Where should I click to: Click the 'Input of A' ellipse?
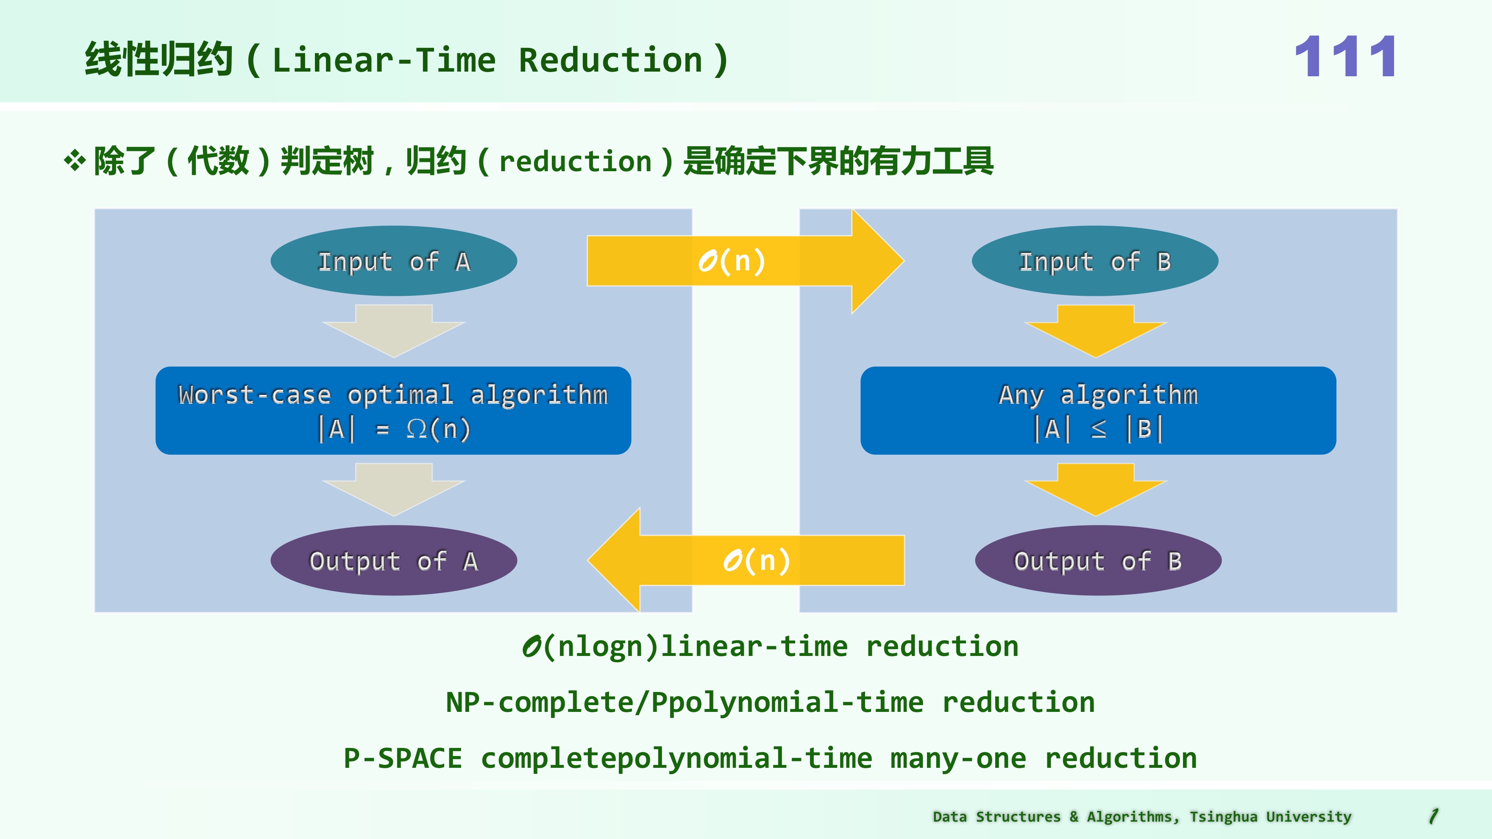(393, 261)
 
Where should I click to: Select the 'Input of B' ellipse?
(1095, 261)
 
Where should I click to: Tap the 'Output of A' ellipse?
(393, 561)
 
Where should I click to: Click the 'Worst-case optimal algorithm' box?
(393, 411)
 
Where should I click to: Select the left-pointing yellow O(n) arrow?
(747, 561)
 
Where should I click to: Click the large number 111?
(1345, 57)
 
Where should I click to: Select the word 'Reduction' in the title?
(610, 60)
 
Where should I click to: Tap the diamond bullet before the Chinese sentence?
(75, 161)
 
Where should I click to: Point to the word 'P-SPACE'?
(403, 758)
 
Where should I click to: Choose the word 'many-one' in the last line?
(958, 758)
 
